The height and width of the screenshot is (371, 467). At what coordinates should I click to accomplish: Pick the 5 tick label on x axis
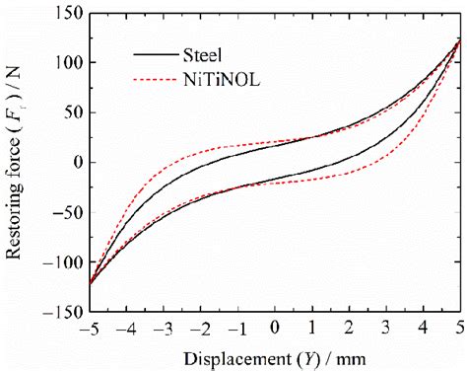(x=460, y=327)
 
